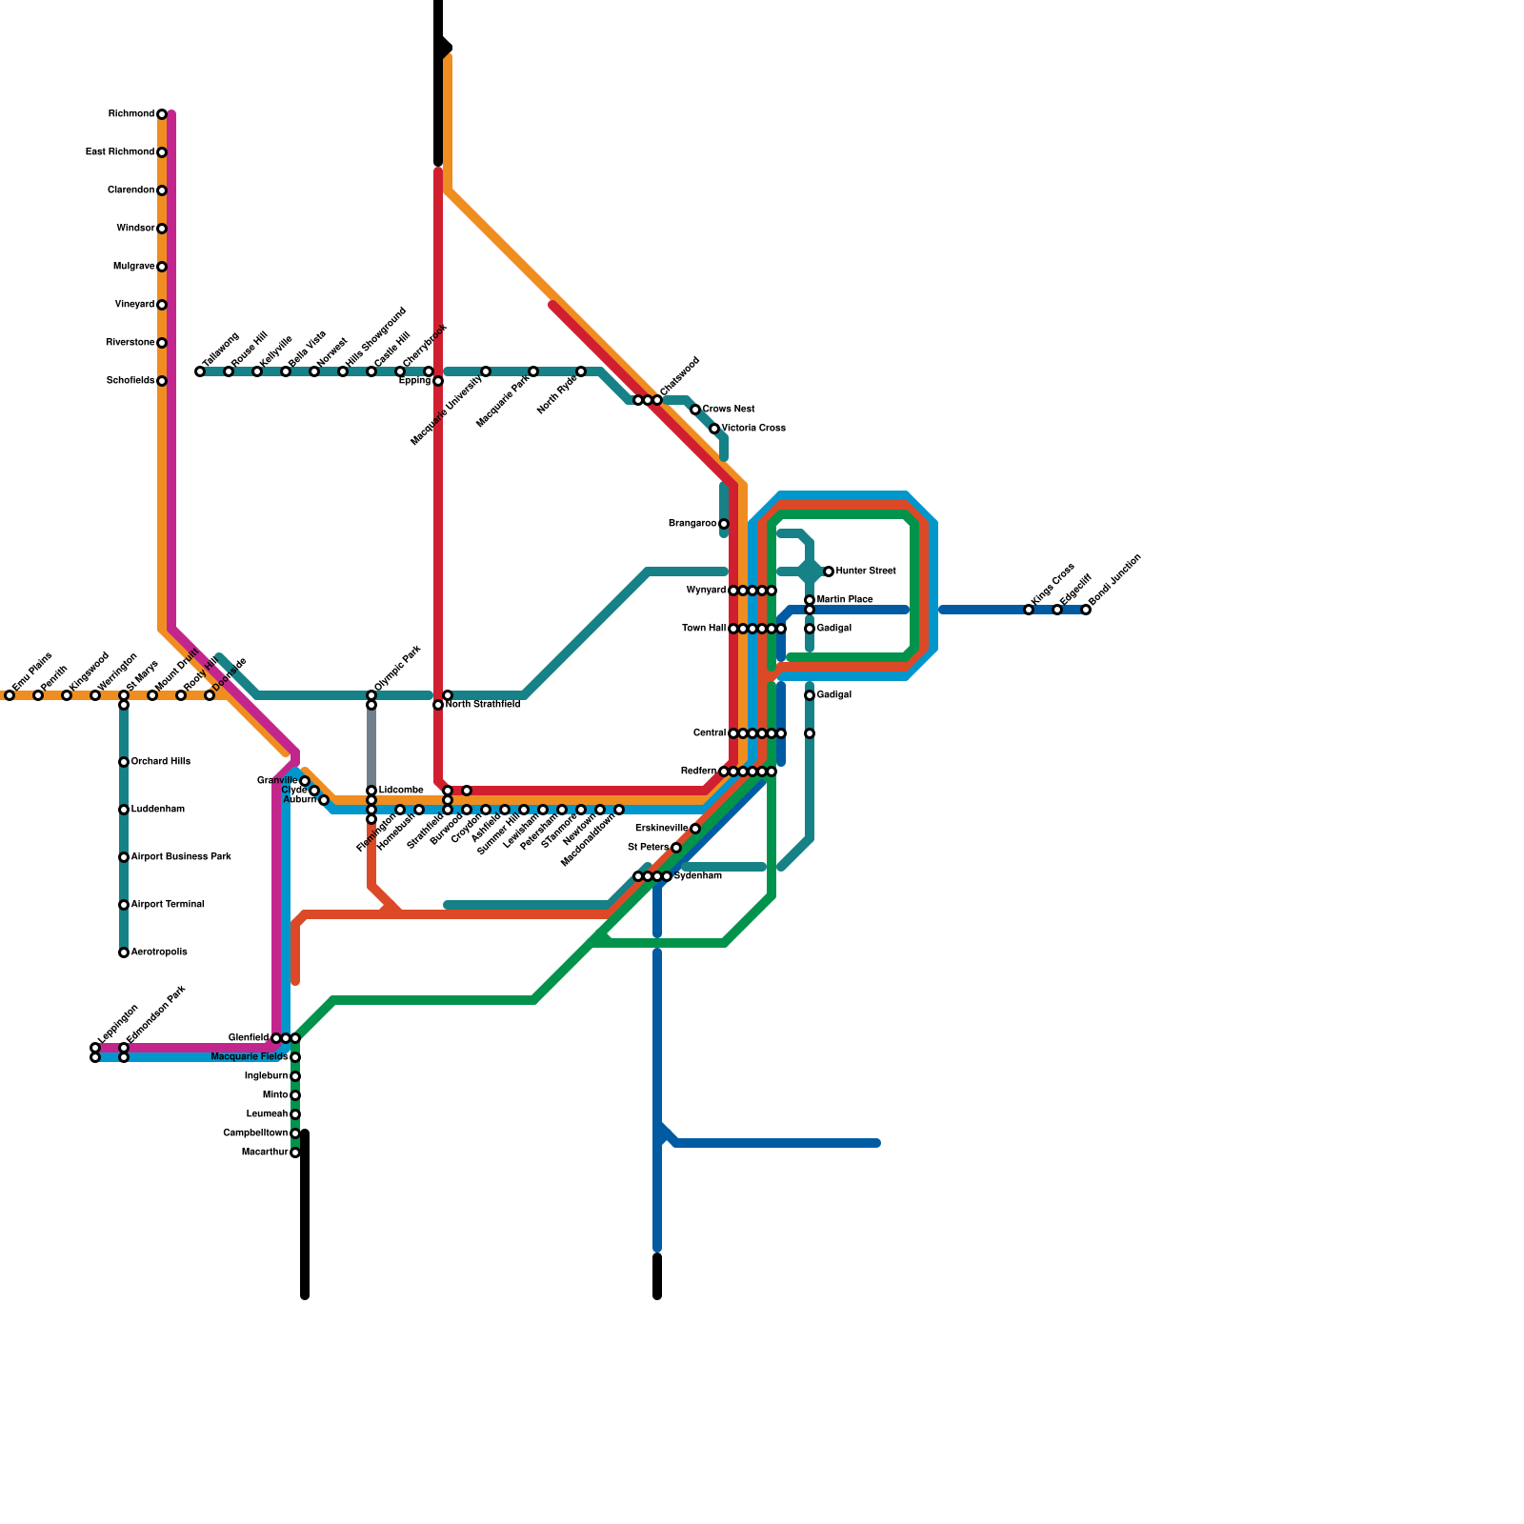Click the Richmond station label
click(x=130, y=114)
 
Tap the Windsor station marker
click(x=162, y=229)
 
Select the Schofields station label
click(x=130, y=381)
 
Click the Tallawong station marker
click(x=200, y=371)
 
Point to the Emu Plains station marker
click(x=10, y=695)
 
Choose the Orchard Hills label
click(x=160, y=762)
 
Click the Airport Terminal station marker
click(x=124, y=905)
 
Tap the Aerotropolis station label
click(x=159, y=952)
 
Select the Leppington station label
click(x=118, y=1025)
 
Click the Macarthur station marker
click(x=295, y=1153)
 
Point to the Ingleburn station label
click(x=266, y=1076)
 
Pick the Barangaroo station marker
click(x=724, y=524)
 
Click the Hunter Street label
click(x=865, y=571)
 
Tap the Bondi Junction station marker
click(x=1086, y=610)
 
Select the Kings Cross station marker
click(x=1029, y=610)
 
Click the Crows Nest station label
click(x=729, y=410)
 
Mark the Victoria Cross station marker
click(x=714, y=429)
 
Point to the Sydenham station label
click(x=697, y=876)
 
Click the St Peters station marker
click(x=676, y=848)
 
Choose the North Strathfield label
click(x=482, y=705)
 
